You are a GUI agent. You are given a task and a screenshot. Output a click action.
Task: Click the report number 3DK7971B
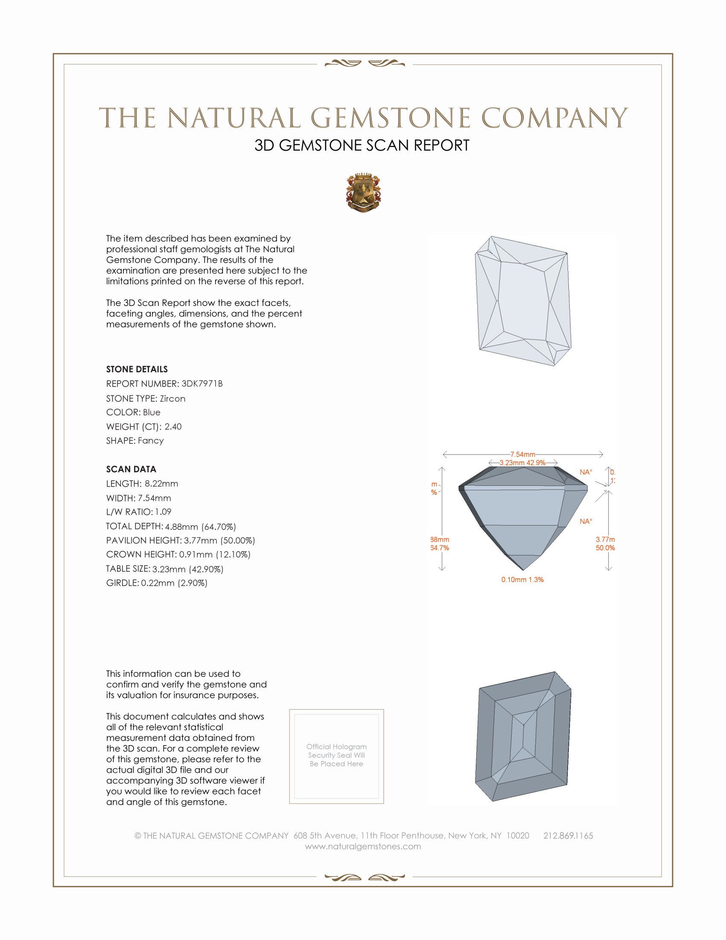tap(202, 384)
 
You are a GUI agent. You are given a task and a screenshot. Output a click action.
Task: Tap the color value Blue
tap(152, 412)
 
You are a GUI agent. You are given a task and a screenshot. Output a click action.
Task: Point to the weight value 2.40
tap(173, 426)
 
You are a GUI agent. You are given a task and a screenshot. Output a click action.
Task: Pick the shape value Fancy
tap(150, 441)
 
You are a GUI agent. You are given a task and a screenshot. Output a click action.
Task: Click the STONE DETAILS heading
tap(137, 369)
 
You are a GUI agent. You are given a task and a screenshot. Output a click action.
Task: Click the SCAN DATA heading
tap(131, 469)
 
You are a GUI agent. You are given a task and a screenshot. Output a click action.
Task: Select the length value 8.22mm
tap(161, 484)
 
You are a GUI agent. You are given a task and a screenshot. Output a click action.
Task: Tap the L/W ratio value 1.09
tap(163, 512)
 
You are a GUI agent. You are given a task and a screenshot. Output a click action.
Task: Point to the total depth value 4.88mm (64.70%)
tap(200, 527)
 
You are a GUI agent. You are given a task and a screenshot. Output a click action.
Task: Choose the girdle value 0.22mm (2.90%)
tap(174, 583)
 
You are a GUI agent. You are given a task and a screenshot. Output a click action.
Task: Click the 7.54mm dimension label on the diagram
tap(523, 455)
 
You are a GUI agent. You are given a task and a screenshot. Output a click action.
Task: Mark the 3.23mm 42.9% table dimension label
tap(522, 463)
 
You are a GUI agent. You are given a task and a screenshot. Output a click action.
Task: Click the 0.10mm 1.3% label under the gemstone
tap(522, 580)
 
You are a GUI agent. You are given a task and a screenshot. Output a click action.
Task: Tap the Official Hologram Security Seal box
tap(337, 756)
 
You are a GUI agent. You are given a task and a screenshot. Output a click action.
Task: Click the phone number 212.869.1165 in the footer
tap(568, 836)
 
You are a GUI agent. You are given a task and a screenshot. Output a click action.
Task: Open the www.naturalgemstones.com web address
tap(363, 846)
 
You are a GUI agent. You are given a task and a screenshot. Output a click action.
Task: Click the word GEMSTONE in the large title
tap(390, 118)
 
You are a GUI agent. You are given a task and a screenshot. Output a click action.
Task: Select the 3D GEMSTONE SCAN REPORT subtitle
tap(362, 145)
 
